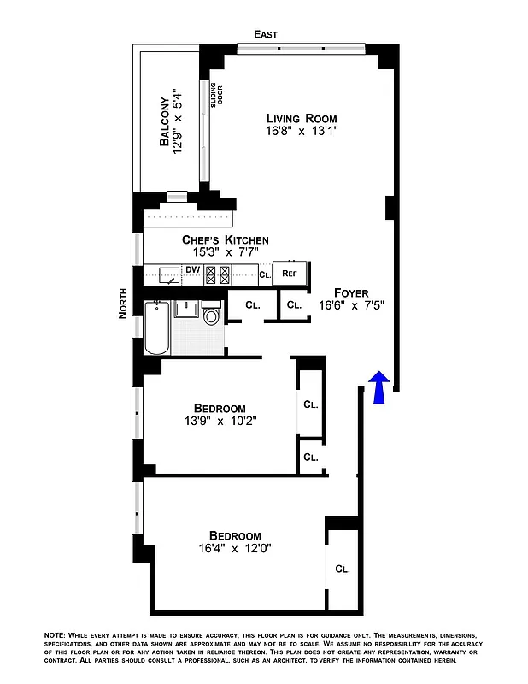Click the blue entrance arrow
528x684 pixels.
[x=381, y=387]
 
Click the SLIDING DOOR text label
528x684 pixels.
[x=219, y=93]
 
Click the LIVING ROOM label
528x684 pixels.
[x=301, y=118]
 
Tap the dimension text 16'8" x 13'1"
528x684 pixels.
[x=301, y=132]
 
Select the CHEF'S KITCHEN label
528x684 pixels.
[x=226, y=240]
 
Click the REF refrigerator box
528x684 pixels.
[x=290, y=274]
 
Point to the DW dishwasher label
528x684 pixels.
[x=193, y=270]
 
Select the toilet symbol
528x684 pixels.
[x=213, y=315]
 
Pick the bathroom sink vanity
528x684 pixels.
[x=186, y=309]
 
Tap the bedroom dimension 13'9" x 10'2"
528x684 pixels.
[x=220, y=421]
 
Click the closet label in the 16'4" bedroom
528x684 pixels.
[x=343, y=569]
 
